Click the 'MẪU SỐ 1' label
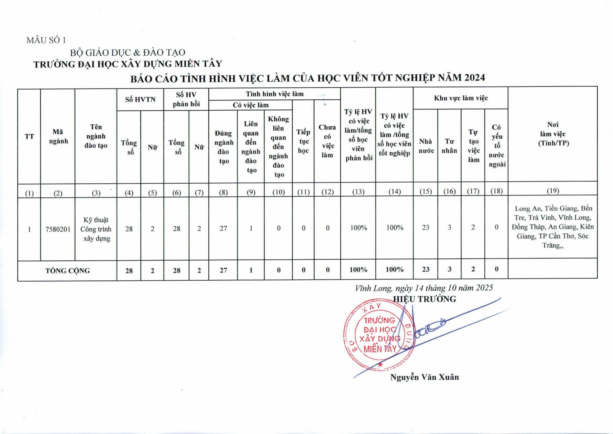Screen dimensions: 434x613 [46, 40]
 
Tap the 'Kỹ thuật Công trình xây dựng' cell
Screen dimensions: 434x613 [96, 229]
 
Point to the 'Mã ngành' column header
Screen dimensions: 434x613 [58, 136]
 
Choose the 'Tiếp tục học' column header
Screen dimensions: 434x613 [303, 141]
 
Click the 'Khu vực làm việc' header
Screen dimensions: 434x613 [461, 98]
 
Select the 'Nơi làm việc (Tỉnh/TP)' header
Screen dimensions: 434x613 [553, 134]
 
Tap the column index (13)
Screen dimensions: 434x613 [358, 192]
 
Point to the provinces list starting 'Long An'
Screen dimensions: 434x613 [553, 227]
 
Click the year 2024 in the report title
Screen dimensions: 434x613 [474, 78]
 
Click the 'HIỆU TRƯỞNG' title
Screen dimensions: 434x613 [425, 299]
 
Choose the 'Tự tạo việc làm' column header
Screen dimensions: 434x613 [473, 146]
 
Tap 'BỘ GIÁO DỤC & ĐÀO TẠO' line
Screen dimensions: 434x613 [128, 53]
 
